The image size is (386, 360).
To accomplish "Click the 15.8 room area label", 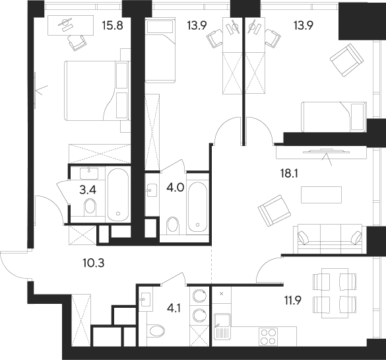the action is coord(113,25).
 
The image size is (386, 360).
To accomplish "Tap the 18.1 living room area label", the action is coord(289,174).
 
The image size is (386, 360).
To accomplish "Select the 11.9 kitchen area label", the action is coord(293,301).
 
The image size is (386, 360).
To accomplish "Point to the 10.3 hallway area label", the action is coord(94,263).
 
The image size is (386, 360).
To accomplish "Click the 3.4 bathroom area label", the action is coord(88,190).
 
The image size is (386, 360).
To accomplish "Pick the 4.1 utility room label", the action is coord(173,308).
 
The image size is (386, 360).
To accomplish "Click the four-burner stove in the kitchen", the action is coord(269,337).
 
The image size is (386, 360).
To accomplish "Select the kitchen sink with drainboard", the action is coord(222,325).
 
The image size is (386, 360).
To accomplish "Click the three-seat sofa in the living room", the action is coord(327,238).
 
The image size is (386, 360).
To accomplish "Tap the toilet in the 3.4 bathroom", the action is coord(90,207).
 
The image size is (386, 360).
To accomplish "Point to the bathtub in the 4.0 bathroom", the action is coord(197,207).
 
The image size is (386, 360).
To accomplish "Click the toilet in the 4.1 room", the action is coord(156,332).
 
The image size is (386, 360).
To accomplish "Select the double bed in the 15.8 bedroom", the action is coord(96,91).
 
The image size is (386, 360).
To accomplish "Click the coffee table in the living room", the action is coord(321,195).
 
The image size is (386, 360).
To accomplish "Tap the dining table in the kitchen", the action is coord(335,293).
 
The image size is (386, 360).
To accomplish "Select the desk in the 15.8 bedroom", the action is coord(71,25).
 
